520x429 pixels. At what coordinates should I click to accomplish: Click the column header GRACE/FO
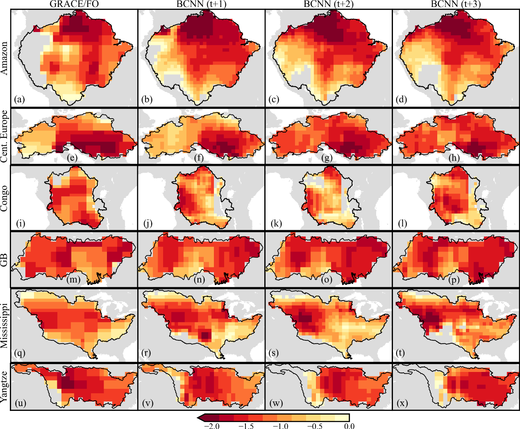(74, 5)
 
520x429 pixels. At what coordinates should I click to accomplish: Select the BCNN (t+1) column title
(202, 5)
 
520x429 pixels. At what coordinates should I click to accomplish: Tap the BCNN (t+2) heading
(329, 5)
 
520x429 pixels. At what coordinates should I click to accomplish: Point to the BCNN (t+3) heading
(456, 5)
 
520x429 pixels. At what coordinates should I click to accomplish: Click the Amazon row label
(5, 58)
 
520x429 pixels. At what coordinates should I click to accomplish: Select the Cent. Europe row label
(5, 136)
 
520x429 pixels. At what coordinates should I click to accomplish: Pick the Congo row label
(5, 198)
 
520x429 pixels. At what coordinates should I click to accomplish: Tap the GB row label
(5, 259)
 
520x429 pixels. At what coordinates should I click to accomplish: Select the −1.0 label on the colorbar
(282, 426)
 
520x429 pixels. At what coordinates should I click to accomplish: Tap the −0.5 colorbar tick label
(316, 426)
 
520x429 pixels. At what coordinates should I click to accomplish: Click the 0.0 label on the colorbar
(349, 426)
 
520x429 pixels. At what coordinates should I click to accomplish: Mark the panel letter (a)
(20, 99)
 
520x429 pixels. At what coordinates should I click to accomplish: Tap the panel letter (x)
(402, 403)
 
